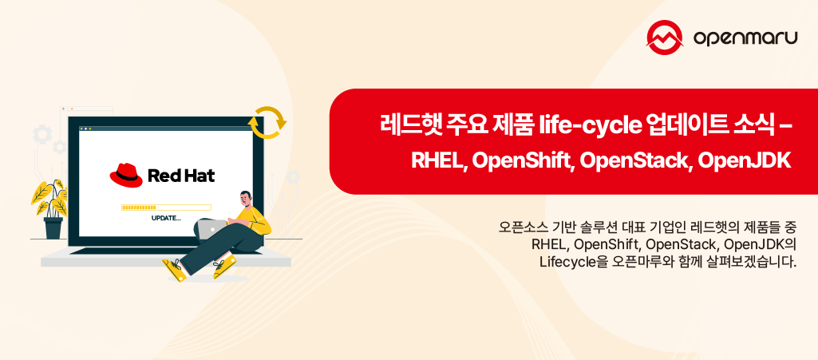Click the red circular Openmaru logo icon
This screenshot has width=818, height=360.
click(x=666, y=37)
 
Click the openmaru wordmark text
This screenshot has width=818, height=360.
click(x=745, y=38)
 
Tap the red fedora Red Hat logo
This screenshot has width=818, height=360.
click(x=125, y=175)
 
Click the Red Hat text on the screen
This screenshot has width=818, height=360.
click(x=181, y=176)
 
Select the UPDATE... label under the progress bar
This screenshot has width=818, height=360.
click(x=166, y=218)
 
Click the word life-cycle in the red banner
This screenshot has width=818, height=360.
click(x=591, y=125)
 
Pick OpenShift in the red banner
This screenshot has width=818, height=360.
click(x=523, y=160)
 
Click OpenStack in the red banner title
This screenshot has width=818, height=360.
click(x=634, y=160)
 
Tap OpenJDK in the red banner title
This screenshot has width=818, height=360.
click(x=743, y=160)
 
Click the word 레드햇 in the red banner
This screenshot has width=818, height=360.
click(x=407, y=125)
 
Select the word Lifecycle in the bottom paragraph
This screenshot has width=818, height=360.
click(x=567, y=261)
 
